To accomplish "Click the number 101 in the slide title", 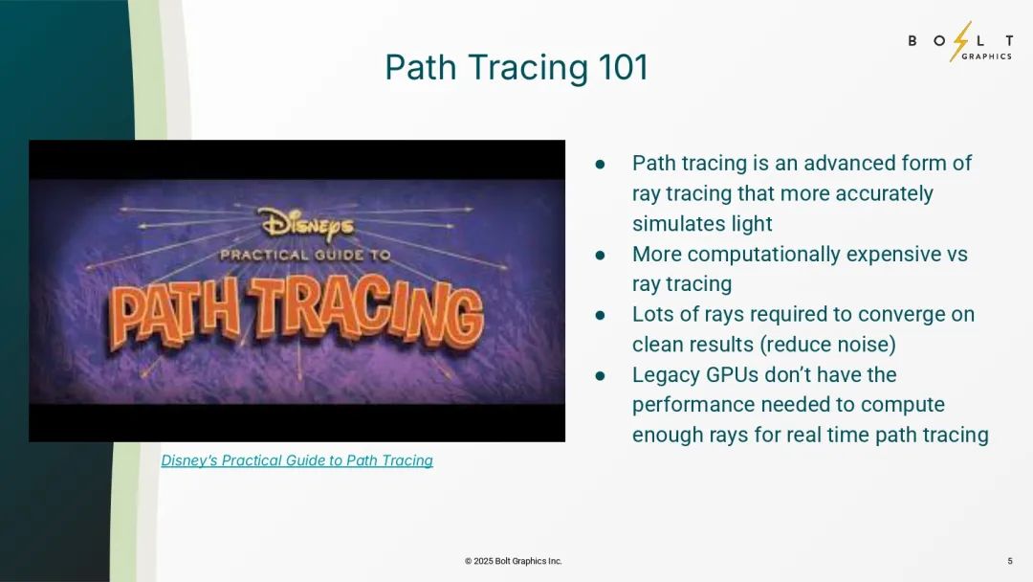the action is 623,67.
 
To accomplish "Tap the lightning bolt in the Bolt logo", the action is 961,41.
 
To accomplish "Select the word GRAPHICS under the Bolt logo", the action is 986,56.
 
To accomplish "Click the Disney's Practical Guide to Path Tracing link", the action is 297,460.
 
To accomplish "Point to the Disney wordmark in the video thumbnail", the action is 307,223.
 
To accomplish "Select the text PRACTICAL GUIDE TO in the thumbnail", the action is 305,255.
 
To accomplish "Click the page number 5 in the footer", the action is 1010,561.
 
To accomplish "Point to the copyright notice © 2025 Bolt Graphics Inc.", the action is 514,561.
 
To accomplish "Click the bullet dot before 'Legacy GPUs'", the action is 600,375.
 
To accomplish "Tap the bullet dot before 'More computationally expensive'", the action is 600,255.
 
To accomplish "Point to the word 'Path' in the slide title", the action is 421,67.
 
